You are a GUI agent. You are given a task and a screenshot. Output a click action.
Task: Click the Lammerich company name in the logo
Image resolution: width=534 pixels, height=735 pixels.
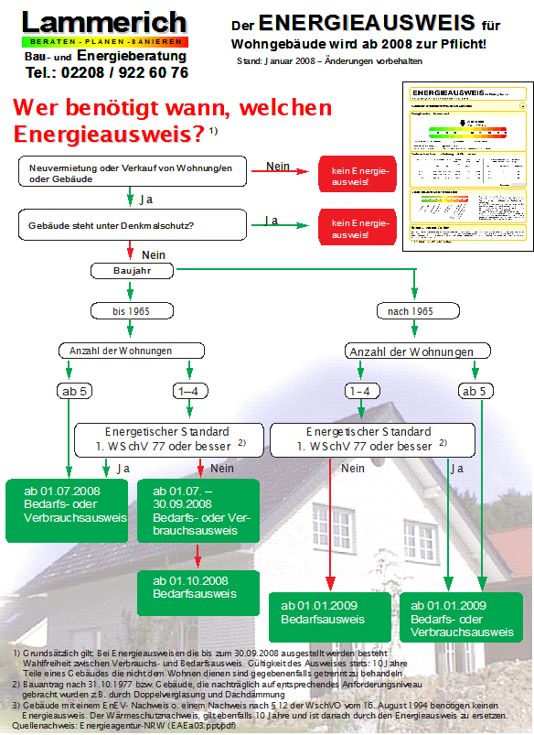[104, 22]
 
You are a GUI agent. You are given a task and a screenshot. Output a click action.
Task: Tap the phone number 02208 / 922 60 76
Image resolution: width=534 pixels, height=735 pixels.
[107, 72]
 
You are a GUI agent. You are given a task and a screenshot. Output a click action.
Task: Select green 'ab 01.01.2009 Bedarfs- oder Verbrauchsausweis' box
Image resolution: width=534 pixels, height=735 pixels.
[462, 619]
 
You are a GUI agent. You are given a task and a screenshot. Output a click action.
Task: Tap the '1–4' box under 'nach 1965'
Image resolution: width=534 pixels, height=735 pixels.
[360, 391]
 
